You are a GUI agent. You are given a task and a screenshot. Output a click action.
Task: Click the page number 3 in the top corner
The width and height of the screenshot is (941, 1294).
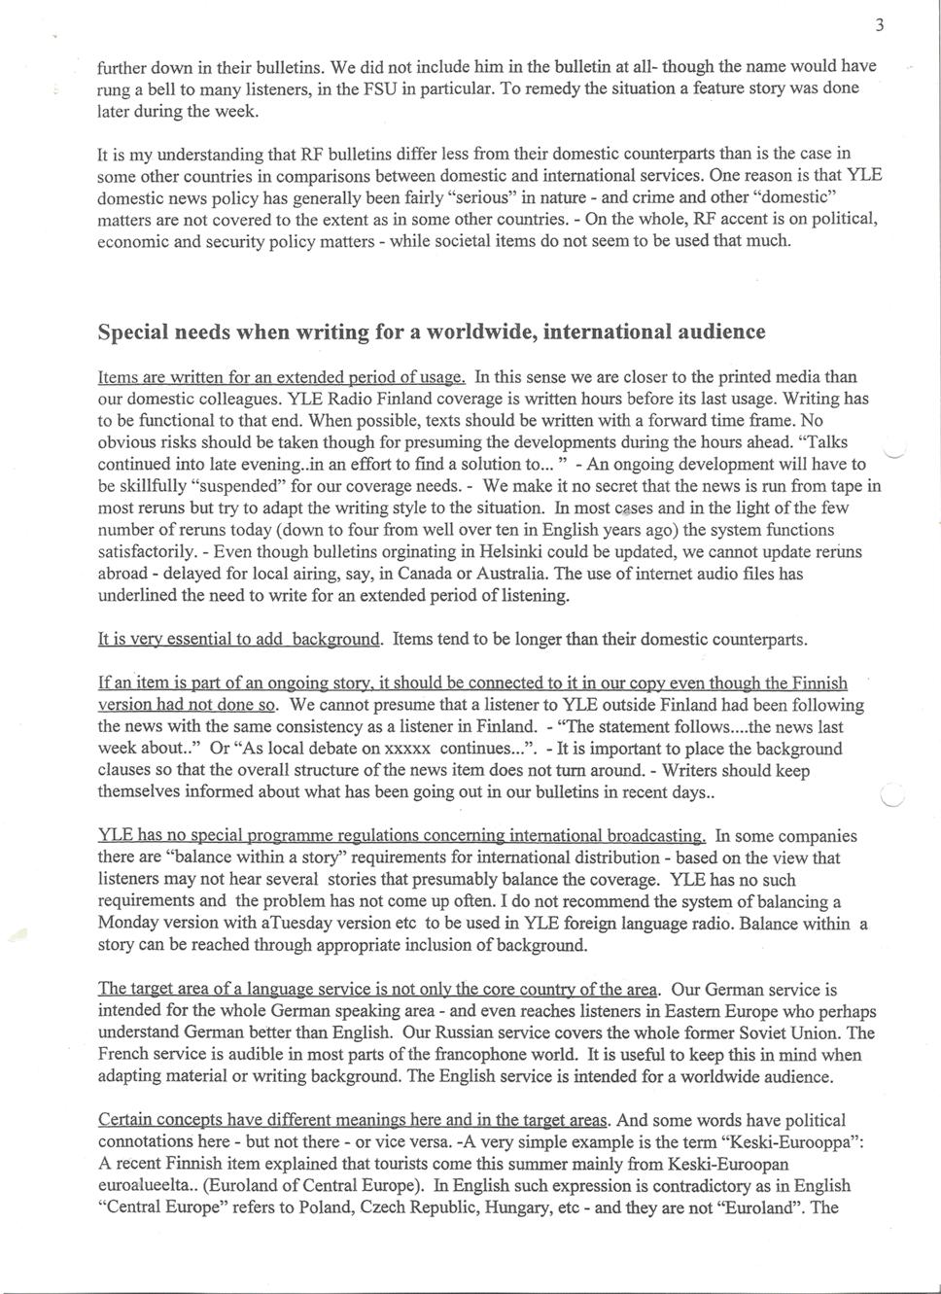point(879,26)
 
